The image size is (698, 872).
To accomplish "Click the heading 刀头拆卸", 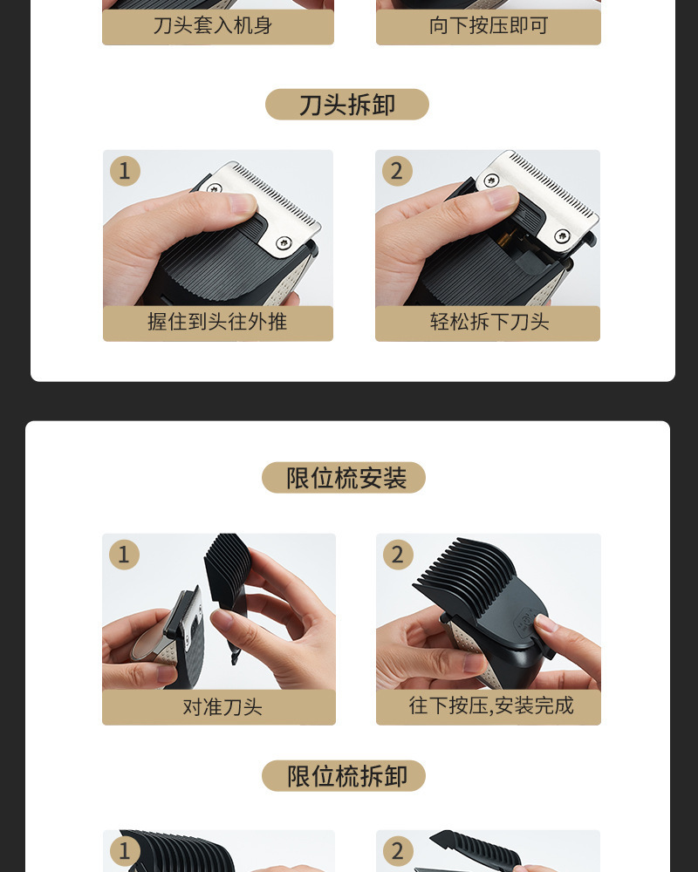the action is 346,105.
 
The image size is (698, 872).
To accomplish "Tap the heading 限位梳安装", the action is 346,478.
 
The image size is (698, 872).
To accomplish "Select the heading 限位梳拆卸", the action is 346,776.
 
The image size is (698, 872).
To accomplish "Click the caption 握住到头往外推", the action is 217,322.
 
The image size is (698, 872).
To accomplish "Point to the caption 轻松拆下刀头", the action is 489,322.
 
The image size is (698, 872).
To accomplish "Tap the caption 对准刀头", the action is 222,707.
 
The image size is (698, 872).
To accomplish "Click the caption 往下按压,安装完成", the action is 491,705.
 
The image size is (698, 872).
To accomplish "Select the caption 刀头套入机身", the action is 213,25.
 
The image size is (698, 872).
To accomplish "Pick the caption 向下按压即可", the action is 489,25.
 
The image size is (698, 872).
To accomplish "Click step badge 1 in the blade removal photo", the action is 125,171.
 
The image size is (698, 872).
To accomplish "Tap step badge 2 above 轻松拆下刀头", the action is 397,171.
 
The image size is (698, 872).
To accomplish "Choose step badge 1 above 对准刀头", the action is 124,555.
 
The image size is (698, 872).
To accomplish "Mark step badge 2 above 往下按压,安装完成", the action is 398,555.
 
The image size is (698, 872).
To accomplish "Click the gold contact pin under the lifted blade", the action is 504,240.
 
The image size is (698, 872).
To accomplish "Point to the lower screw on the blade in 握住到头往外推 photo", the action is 284,242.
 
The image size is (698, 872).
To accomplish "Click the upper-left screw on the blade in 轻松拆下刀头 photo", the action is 491,181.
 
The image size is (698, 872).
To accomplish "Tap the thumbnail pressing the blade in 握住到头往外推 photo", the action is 243,204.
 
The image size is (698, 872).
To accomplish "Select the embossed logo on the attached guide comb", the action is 523,621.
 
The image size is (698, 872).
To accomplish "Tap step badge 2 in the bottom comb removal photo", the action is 398,851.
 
